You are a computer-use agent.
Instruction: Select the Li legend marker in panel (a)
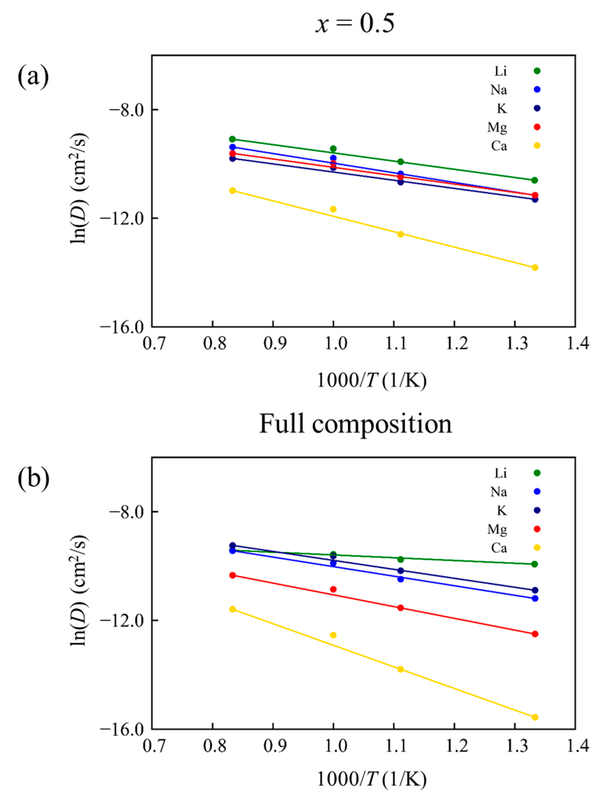pyautogui.click(x=537, y=71)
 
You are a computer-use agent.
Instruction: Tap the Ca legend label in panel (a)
pyautogui.click(x=499, y=146)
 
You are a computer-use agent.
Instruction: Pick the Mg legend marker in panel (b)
pyautogui.click(x=537, y=529)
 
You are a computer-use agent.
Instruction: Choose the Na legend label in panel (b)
pyautogui.click(x=499, y=492)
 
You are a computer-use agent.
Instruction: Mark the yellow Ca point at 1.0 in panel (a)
pyautogui.click(x=333, y=209)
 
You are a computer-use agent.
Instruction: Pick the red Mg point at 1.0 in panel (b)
pyautogui.click(x=333, y=589)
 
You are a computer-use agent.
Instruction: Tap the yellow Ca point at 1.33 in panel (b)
pyautogui.click(x=535, y=717)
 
